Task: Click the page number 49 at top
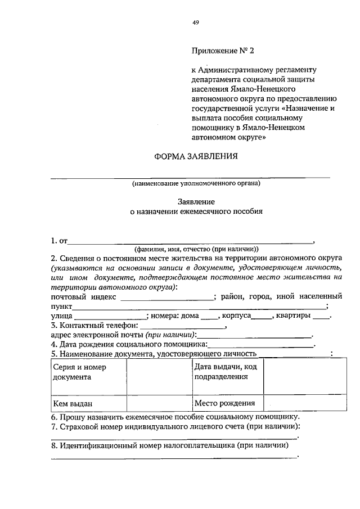195,22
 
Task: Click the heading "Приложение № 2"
223,50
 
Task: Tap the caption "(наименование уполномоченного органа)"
196,183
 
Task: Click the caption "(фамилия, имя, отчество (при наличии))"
196,249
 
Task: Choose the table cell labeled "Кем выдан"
88,404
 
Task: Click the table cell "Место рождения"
227,404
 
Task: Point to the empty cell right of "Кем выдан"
159,404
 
